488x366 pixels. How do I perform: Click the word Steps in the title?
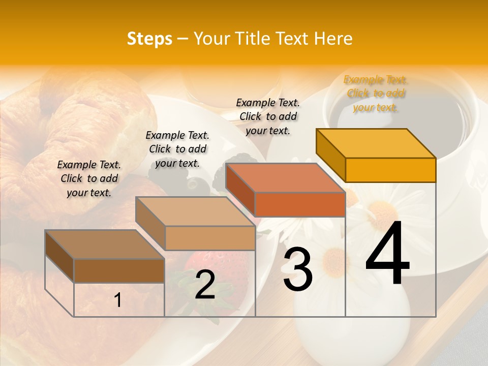[x=149, y=39]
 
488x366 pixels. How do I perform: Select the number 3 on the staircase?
[x=297, y=270]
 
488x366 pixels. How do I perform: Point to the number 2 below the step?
[x=205, y=285]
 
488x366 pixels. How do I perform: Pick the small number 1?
[x=118, y=300]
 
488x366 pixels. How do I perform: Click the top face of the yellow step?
[x=376, y=143]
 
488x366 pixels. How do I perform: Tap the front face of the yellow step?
[x=390, y=170]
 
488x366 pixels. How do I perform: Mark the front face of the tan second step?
[x=210, y=238]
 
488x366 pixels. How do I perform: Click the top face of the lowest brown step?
[x=105, y=245]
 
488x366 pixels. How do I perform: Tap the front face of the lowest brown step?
[x=119, y=270]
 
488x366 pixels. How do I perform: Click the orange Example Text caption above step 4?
[x=375, y=94]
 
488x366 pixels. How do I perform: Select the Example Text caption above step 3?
[x=268, y=116]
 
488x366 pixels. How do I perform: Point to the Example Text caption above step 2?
[x=177, y=149]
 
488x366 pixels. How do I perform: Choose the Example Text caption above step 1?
[x=89, y=178]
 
